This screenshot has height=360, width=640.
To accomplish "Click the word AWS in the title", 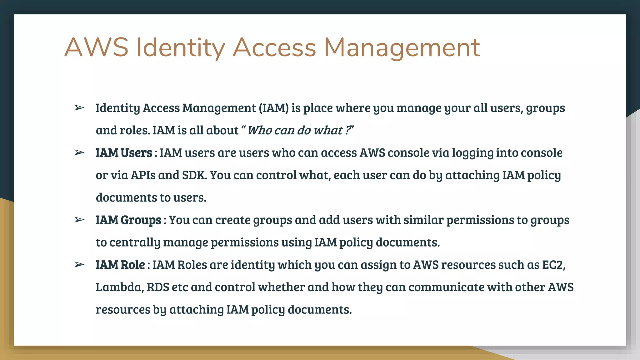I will [x=96, y=47].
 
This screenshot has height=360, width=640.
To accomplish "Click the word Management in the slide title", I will [x=402, y=47].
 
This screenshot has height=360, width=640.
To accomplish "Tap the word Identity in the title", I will [x=181, y=47].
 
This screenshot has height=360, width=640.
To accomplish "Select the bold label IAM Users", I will [x=124, y=153].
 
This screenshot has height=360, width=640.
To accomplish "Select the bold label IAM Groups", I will [x=128, y=220].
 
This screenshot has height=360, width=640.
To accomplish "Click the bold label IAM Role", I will [x=120, y=265].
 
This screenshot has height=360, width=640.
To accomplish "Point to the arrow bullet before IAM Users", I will [x=79, y=153].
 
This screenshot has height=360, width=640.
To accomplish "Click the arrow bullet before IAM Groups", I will [x=79, y=220].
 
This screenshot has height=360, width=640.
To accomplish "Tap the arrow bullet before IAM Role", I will [x=79, y=265].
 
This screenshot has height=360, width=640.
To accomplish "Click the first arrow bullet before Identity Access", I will [x=79, y=108].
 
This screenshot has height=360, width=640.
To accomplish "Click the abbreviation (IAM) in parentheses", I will [x=273, y=108].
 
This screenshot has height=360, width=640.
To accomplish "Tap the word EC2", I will [x=553, y=265].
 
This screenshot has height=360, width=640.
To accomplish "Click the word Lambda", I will [x=120, y=287].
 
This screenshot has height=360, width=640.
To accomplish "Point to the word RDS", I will [x=158, y=287].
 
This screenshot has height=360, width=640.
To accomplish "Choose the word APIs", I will [x=143, y=175].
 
